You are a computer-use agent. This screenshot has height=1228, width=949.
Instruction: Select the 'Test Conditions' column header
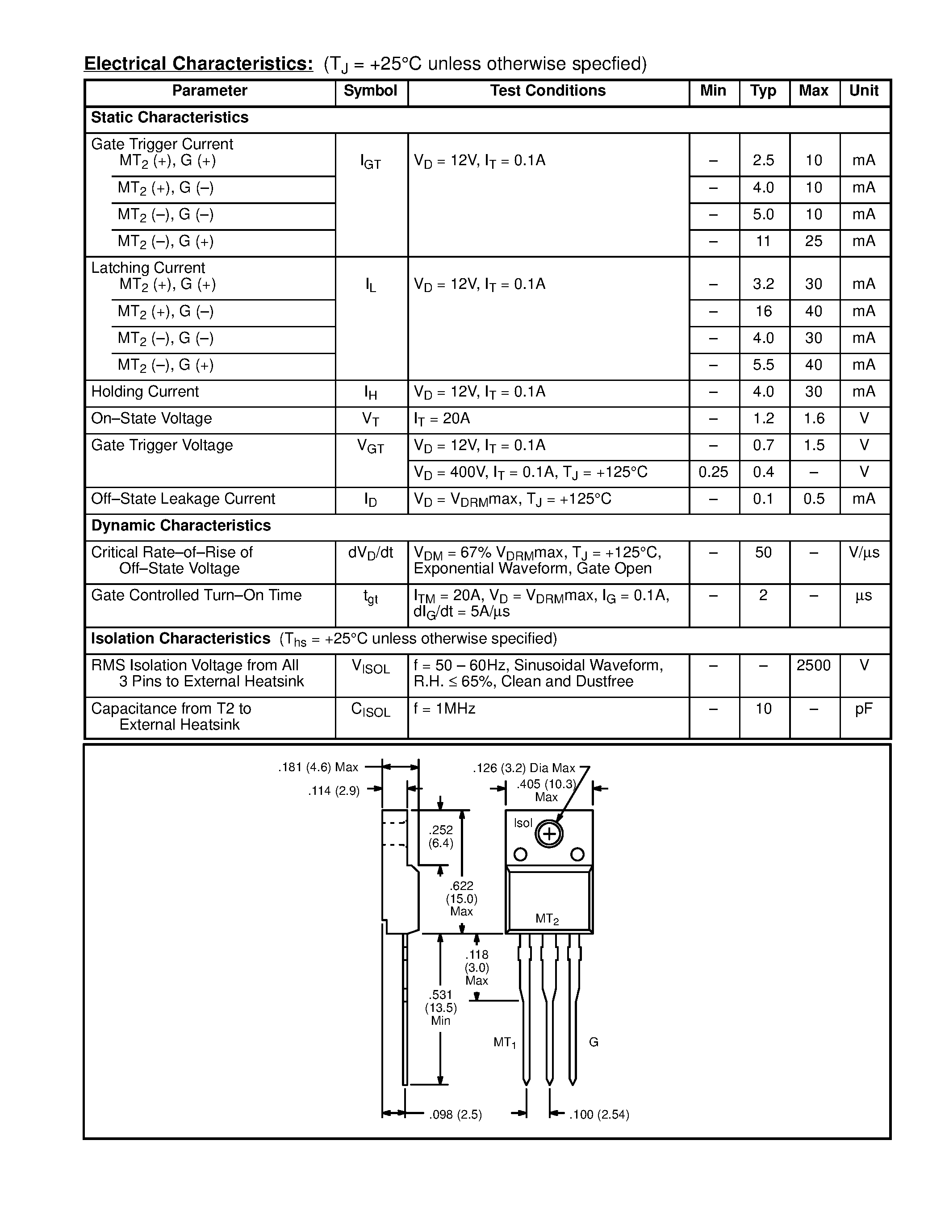(548, 91)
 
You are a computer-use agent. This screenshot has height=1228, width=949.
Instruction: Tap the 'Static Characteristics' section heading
(170, 117)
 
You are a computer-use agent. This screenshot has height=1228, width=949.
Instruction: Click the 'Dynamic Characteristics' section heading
(181, 526)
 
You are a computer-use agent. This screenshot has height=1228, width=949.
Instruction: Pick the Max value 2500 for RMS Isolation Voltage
(814, 666)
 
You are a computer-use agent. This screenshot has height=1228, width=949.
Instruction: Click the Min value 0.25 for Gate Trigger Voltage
(713, 472)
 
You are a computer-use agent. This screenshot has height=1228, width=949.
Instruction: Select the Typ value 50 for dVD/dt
(763, 553)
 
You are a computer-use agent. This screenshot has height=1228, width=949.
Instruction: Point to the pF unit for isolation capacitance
(864, 709)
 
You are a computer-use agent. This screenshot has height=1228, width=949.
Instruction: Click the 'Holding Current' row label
(145, 392)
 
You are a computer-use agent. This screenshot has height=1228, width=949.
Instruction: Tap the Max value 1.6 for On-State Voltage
(814, 419)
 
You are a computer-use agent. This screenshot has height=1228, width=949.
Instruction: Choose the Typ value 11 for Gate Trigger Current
(763, 242)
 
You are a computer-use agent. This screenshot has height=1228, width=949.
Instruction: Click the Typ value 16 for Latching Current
(763, 312)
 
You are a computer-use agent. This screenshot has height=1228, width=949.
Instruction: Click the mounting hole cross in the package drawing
(549, 835)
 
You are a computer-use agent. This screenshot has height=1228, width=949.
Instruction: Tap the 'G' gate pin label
(594, 1042)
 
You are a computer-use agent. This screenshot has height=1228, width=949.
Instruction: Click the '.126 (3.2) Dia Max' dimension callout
(524, 768)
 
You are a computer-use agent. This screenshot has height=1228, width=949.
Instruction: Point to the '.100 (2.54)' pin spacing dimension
(599, 1115)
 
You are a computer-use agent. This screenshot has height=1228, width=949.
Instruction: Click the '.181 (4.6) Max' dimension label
(318, 767)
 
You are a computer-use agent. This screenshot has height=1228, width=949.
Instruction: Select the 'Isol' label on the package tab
(523, 823)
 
